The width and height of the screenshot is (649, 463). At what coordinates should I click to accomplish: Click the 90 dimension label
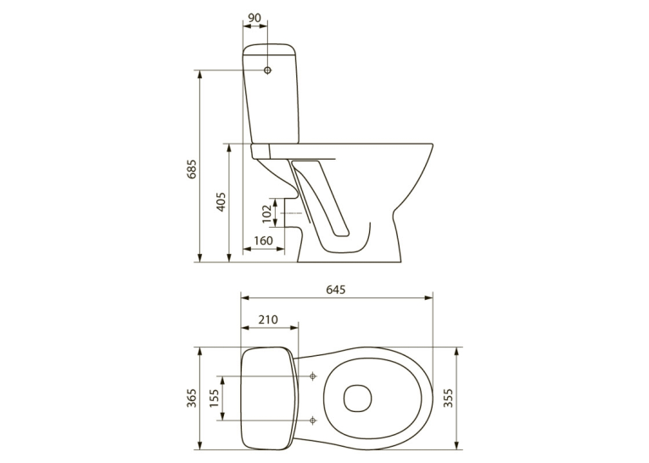click(255, 18)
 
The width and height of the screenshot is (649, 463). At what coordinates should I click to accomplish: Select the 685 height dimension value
click(193, 168)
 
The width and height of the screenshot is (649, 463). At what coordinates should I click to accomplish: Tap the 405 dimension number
click(221, 201)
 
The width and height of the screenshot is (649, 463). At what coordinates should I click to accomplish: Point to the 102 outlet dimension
click(268, 212)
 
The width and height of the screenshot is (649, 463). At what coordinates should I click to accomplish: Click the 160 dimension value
click(263, 240)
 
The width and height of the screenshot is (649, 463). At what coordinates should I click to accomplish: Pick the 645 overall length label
click(335, 290)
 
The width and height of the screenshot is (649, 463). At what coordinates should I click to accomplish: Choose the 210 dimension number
click(268, 319)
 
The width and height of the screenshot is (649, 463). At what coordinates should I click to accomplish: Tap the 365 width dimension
click(193, 398)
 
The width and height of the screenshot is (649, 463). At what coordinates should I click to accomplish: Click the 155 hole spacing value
click(214, 398)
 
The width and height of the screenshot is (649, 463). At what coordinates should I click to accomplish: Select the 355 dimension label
click(448, 398)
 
